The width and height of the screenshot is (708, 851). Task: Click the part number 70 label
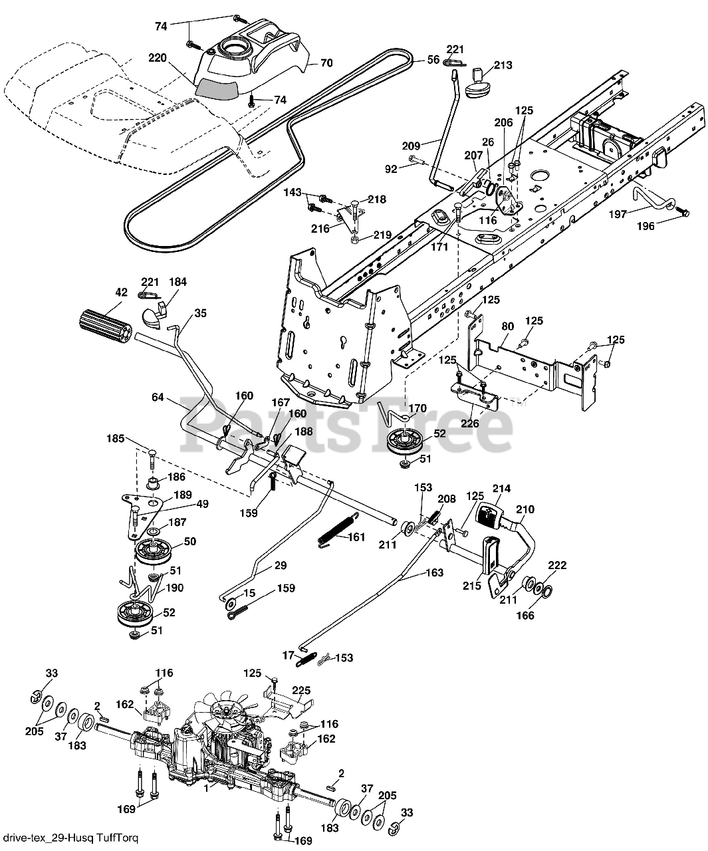pyautogui.click(x=326, y=62)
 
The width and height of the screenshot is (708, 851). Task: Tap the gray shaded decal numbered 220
pyautogui.click(x=216, y=89)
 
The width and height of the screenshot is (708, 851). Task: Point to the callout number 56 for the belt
pyautogui.click(x=433, y=60)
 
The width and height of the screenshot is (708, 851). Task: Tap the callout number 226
pyautogui.click(x=469, y=424)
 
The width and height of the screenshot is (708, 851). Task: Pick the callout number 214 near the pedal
pyautogui.click(x=501, y=488)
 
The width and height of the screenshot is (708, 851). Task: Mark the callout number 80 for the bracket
pyautogui.click(x=507, y=326)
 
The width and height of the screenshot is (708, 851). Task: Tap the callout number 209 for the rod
pyautogui.click(x=412, y=146)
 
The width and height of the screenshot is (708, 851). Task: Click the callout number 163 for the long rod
pyautogui.click(x=435, y=572)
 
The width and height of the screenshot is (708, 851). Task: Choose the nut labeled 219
pyautogui.click(x=355, y=239)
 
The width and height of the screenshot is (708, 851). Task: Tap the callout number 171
pyautogui.click(x=439, y=247)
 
